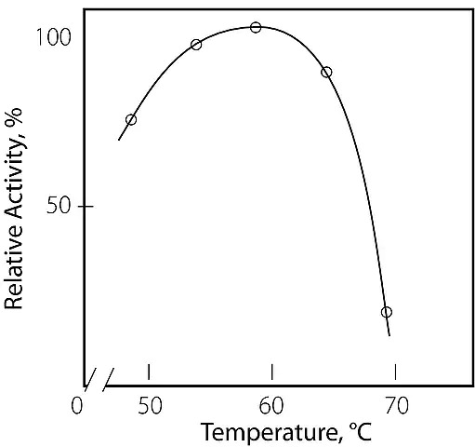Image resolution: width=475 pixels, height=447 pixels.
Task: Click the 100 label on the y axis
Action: click(x=54, y=37)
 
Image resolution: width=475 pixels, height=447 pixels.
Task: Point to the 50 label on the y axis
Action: click(x=59, y=205)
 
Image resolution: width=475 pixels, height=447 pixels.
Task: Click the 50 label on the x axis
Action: click(x=150, y=405)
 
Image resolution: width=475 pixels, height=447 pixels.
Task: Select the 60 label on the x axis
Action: click(x=271, y=405)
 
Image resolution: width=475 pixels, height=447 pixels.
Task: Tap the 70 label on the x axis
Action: click(x=397, y=405)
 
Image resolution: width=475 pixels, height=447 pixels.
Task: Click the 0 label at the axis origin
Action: click(x=77, y=405)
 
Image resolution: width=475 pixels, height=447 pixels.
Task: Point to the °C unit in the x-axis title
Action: click(x=361, y=431)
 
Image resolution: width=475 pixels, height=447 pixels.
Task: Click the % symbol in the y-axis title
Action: click(x=13, y=116)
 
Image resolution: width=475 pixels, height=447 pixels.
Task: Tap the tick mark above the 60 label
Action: click(x=272, y=372)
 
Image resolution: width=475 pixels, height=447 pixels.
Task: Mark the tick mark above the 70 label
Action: click(x=395, y=372)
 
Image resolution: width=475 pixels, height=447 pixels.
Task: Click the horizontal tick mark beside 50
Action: click(x=88, y=206)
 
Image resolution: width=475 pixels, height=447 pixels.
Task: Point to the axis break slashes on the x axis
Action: click(x=99, y=380)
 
